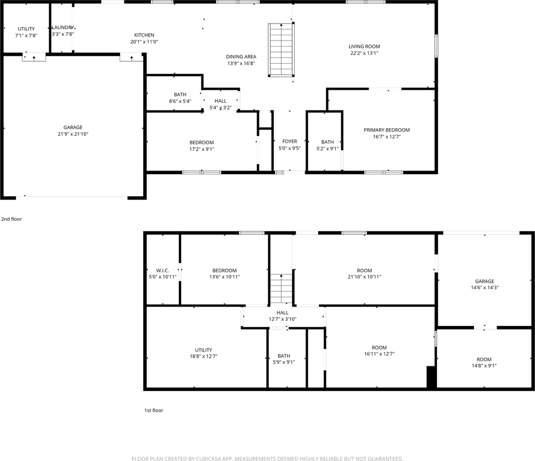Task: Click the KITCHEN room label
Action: pyautogui.click(x=144, y=35)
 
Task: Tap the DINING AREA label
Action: pyautogui.click(x=241, y=57)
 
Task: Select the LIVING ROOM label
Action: pyautogui.click(x=364, y=47)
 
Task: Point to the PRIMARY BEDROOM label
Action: pyautogui.click(x=386, y=130)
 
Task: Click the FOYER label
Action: pyautogui.click(x=289, y=141)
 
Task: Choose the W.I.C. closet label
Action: pyautogui.click(x=162, y=270)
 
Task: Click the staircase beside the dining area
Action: pyautogui.click(x=280, y=49)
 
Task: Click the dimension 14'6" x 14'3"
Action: pyautogui.click(x=485, y=288)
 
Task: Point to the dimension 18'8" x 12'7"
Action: pyautogui.click(x=203, y=356)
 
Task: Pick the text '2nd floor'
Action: pyautogui.click(x=12, y=219)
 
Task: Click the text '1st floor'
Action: pyautogui.click(x=154, y=411)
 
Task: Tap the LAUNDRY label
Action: pyautogui.click(x=62, y=27)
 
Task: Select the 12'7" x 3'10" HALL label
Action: pyautogui.click(x=283, y=313)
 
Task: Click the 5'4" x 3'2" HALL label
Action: pyautogui.click(x=221, y=101)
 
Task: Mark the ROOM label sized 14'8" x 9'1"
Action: pyautogui.click(x=484, y=359)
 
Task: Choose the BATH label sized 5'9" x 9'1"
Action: pyautogui.click(x=284, y=356)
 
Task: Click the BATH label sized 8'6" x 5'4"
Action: pyautogui.click(x=180, y=95)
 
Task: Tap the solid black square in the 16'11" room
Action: pyautogui.click(x=431, y=377)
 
